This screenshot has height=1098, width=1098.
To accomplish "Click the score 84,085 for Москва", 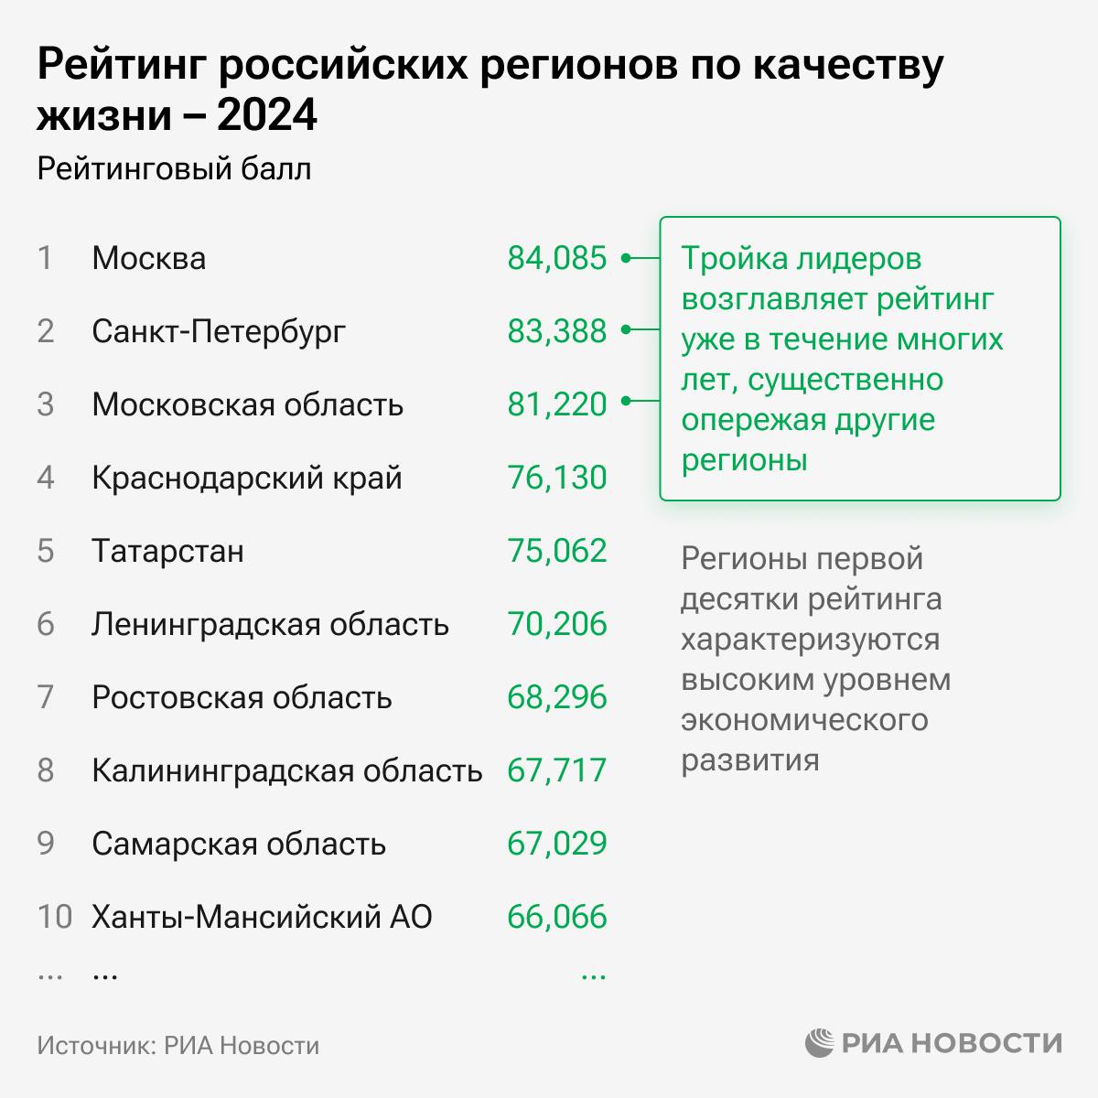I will click(x=556, y=258).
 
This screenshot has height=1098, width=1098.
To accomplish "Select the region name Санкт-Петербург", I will click(x=219, y=331).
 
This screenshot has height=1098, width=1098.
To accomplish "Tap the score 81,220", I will click(x=556, y=404).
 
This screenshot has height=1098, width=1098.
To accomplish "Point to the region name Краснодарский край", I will click(x=247, y=478).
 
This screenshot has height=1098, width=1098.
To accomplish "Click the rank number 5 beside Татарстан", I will click(x=46, y=551).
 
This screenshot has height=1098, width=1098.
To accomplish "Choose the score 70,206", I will click(x=556, y=624).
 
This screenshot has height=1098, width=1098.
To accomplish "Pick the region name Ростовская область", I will click(x=242, y=697).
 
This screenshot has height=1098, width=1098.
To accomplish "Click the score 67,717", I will click(x=556, y=770).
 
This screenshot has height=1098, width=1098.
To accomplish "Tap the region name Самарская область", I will click(x=239, y=844).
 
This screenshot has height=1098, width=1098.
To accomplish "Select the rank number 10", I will click(x=54, y=917).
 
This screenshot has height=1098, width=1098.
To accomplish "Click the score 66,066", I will click(x=556, y=917).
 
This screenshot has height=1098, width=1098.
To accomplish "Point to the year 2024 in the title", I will click(x=267, y=116).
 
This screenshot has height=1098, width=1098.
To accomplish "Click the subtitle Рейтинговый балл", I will click(x=174, y=169).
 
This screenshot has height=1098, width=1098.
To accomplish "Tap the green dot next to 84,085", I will click(x=626, y=258).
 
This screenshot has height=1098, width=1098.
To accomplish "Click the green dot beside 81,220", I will click(x=626, y=401).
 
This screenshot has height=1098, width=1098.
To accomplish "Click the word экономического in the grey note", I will click(x=804, y=720).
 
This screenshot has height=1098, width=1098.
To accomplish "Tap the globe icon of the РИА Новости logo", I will click(x=820, y=1043).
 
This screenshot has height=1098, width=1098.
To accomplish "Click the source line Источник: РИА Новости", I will click(x=178, y=1045).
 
